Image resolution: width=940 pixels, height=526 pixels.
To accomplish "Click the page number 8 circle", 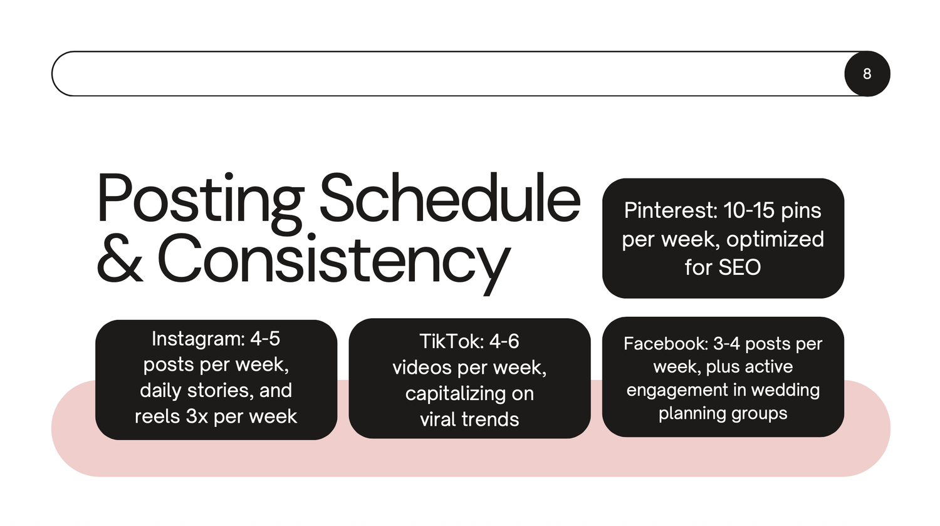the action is [867, 74].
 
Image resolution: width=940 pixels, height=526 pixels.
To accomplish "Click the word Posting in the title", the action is [200, 202].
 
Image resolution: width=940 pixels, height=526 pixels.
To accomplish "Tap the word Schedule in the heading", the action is [451, 197].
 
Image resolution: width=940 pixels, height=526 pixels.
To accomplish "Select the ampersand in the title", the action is [120, 257].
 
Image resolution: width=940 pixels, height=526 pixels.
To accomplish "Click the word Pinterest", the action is [670, 210].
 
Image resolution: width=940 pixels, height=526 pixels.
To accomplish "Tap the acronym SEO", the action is [739, 267].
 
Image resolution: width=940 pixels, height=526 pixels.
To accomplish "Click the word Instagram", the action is [198, 339].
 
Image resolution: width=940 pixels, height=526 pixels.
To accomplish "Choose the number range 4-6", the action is [504, 341].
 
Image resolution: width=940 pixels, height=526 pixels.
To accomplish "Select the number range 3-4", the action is [727, 344].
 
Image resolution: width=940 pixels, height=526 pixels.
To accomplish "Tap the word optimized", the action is [775, 239].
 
